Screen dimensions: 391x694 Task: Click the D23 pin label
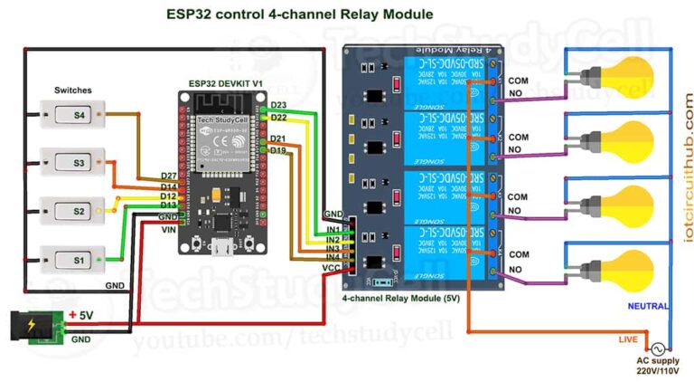click(278, 106)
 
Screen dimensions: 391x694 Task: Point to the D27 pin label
click(168, 176)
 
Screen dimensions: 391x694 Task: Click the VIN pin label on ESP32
click(169, 229)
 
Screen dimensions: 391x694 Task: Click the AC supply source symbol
click(656, 348)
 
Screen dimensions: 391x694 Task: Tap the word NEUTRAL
click(649, 307)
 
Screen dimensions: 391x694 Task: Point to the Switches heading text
click(72, 91)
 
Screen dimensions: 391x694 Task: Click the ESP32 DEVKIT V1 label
click(226, 83)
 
